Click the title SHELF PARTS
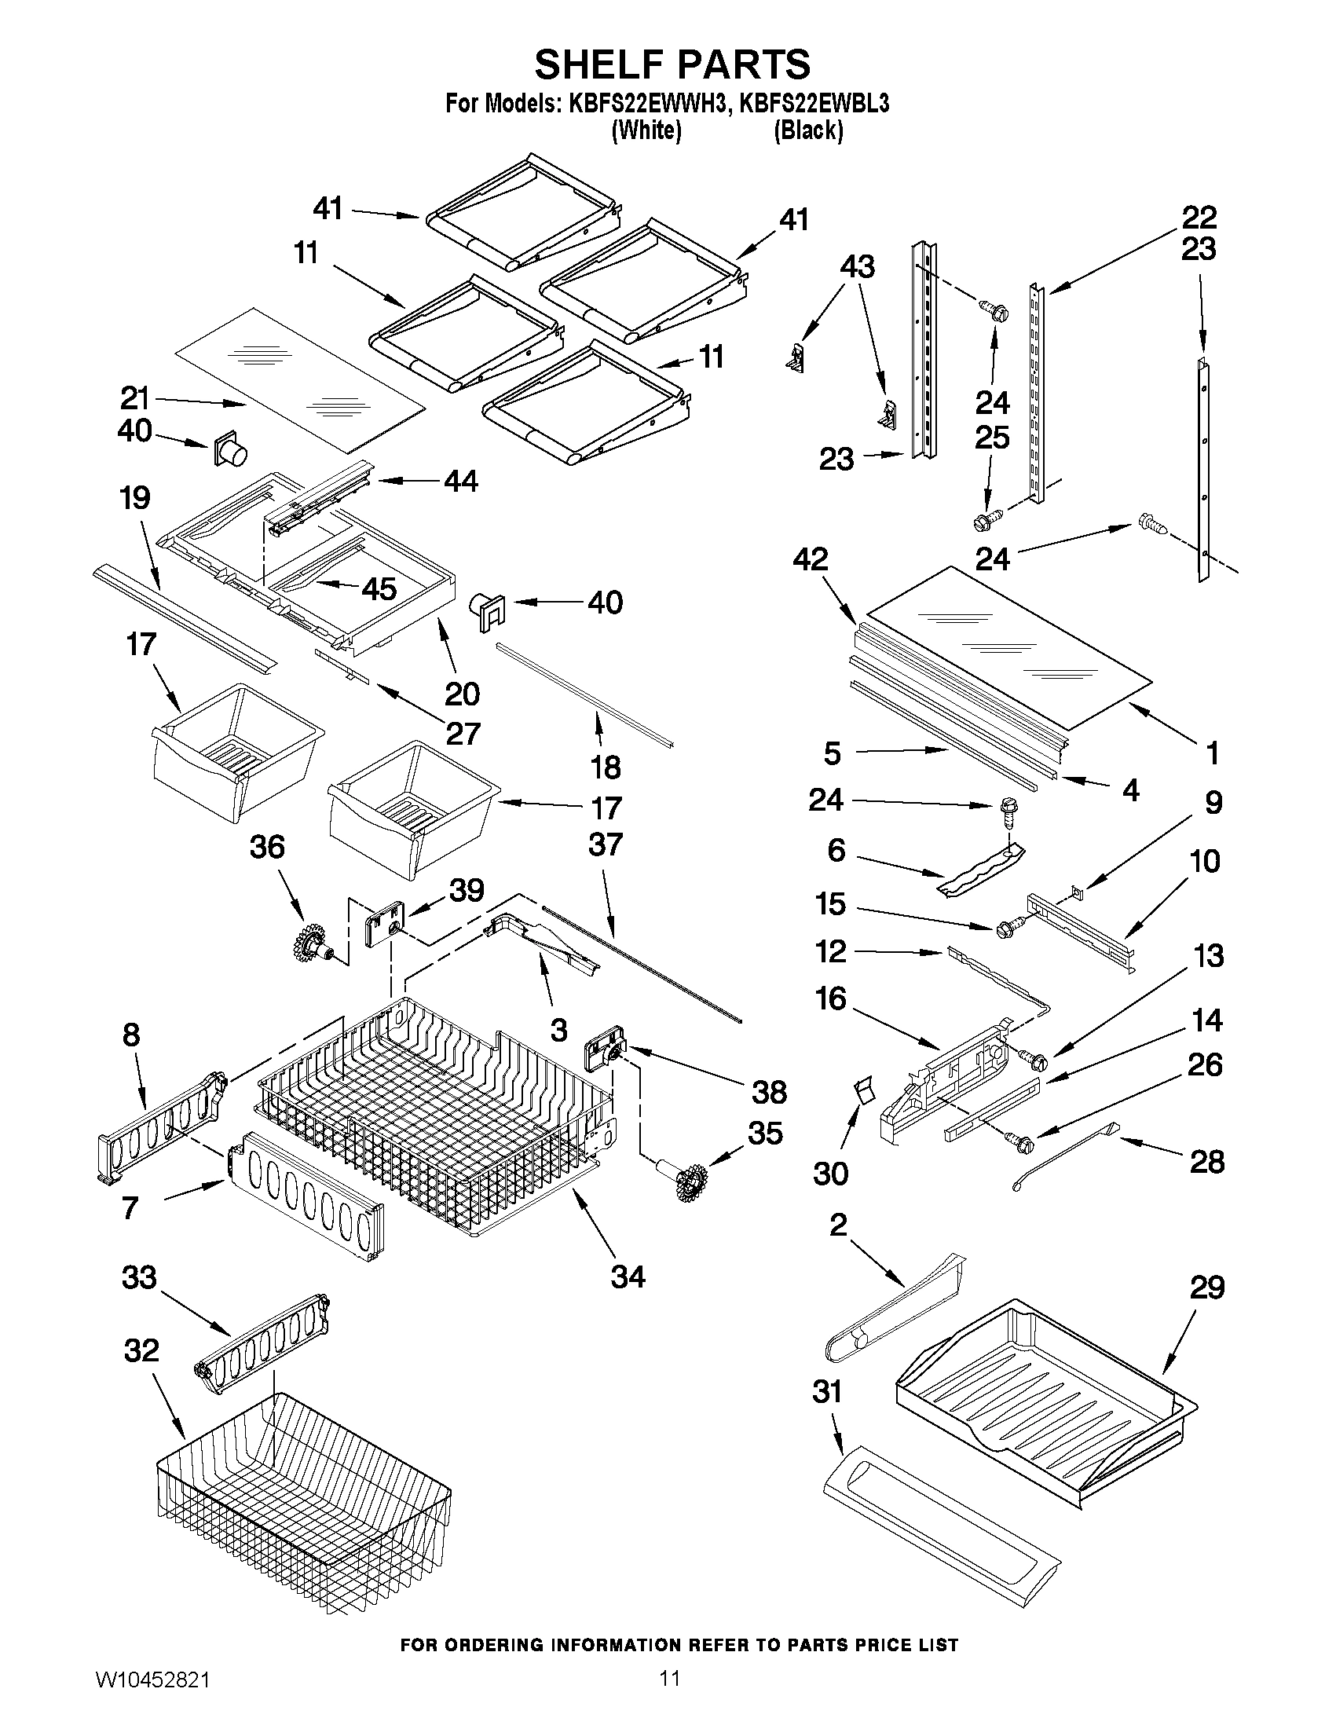[x=672, y=64]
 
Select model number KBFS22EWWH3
[x=646, y=104]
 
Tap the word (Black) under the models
[x=807, y=130]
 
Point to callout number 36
[x=267, y=847]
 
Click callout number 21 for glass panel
[x=135, y=397]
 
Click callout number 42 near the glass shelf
[x=811, y=560]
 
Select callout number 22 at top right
[x=1199, y=216]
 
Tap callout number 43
[x=857, y=267]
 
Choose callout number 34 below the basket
[x=628, y=1277]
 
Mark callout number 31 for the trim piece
[x=827, y=1392]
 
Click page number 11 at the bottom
[x=670, y=1698]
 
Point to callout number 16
[x=831, y=998]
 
